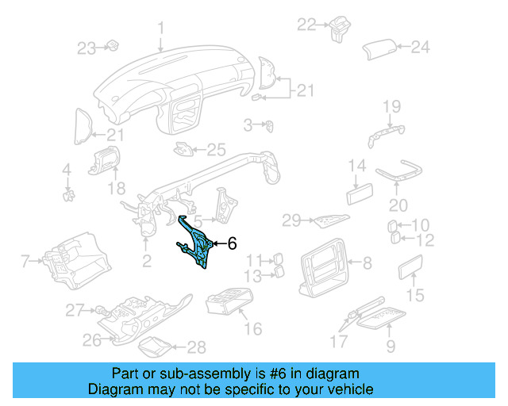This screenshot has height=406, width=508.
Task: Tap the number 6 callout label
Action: pyautogui.click(x=232, y=244)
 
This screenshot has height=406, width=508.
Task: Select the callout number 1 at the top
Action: pyautogui.click(x=160, y=29)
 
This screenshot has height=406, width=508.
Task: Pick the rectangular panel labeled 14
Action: pyautogui.click(x=360, y=194)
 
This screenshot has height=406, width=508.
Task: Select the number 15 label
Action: pyautogui.click(x=415, y=296)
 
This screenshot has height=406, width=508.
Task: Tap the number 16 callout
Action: pyautogui.click(x=252, y=329)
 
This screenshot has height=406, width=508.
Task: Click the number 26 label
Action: pyautogui.click(x=92, y=341)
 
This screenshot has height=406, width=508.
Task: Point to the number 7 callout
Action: pyautogui.click(x=25, y=260)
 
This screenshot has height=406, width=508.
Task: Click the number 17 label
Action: pyautogui.click(x=338, y=343)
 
